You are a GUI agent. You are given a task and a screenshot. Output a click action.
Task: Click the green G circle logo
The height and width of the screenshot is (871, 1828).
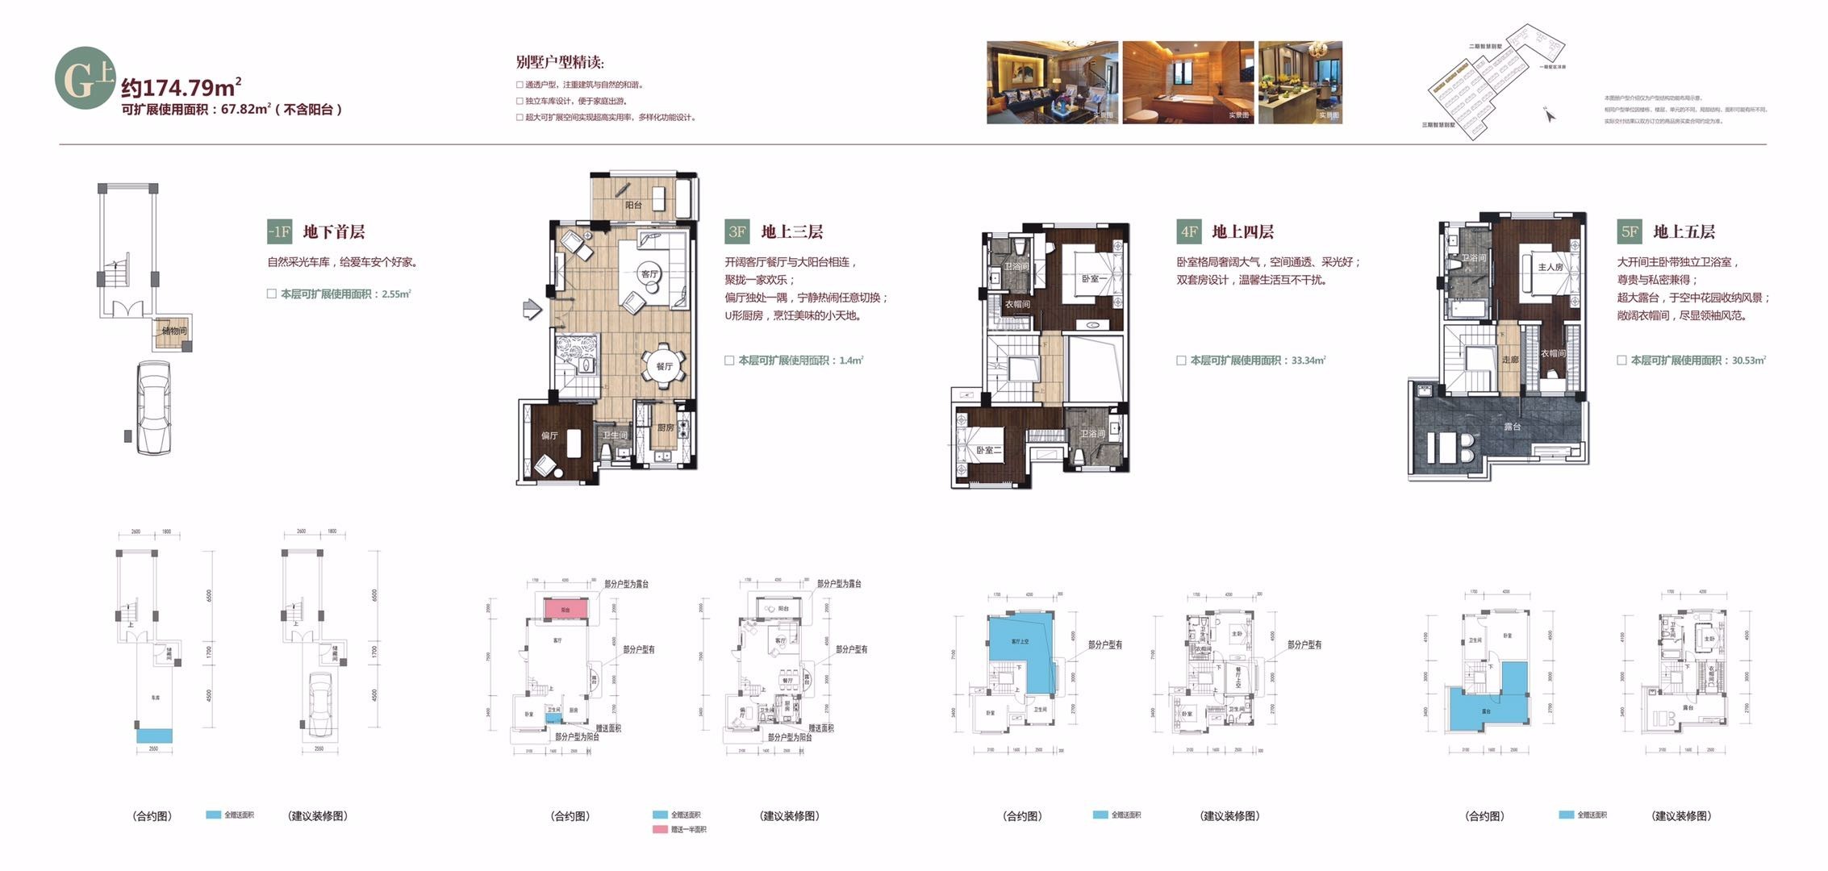[x=85, y=79]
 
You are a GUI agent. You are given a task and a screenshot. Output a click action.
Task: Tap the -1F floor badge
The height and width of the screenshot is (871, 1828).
[x=279, y=232]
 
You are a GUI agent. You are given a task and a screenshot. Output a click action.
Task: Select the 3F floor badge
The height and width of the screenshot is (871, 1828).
[x=737, y=232]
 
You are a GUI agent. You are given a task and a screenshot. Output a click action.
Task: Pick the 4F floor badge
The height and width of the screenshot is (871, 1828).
[x=1188, y=232]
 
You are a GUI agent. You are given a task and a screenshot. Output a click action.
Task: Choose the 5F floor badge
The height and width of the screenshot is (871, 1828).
[x=1629, y=232]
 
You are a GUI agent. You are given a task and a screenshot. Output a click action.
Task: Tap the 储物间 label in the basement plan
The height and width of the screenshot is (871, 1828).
[x=174, y=331]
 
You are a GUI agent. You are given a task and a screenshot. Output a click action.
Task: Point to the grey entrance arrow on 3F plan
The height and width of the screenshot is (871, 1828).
[x=531, y=309]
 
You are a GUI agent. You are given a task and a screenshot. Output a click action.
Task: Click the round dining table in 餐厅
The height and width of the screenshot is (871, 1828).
[x=664, y=366]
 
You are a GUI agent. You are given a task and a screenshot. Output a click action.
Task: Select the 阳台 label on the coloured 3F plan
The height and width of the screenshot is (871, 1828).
[x=634, y=206]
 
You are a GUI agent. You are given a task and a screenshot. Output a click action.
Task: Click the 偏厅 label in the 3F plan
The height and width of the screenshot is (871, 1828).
[x=549, y=435]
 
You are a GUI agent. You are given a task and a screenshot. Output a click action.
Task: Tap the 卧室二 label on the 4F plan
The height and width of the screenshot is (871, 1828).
[x=988, y=450]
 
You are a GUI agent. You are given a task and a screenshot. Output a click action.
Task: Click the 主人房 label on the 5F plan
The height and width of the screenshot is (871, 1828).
[x=1550, y=267]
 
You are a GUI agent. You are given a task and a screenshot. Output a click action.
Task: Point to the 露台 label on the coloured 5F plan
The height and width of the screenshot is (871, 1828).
[x=1512, y=426]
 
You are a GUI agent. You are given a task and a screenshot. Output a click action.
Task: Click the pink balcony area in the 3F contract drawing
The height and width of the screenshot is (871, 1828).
[x=566, y=610]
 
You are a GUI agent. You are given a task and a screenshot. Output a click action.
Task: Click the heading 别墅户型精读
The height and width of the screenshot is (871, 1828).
[x=560, y=63]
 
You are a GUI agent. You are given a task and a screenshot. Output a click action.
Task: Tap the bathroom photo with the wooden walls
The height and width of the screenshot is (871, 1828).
[x=1187, y=82]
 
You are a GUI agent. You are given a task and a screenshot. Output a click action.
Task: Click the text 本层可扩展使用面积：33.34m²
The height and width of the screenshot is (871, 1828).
[x=1257, y=360]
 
